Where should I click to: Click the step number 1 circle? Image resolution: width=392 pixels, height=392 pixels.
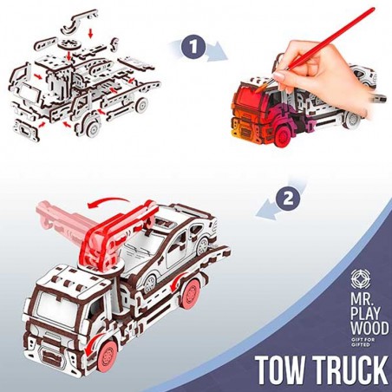coord(193,47)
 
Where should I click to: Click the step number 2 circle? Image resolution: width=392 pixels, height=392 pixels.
coord(287,199)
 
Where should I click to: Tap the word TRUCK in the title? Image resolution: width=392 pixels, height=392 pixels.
coord(351,370)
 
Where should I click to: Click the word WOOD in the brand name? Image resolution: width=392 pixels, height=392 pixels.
coord(369,328)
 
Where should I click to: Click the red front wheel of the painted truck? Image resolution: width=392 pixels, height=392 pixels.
coord(283,136)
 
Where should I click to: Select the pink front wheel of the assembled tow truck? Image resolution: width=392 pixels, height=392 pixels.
coord(107,355)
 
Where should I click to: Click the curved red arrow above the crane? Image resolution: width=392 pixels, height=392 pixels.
coord(108,202)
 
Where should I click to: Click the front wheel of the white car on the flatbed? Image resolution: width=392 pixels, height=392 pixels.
coord(150,283)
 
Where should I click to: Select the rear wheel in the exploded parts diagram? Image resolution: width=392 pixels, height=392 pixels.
coord(141,105)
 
